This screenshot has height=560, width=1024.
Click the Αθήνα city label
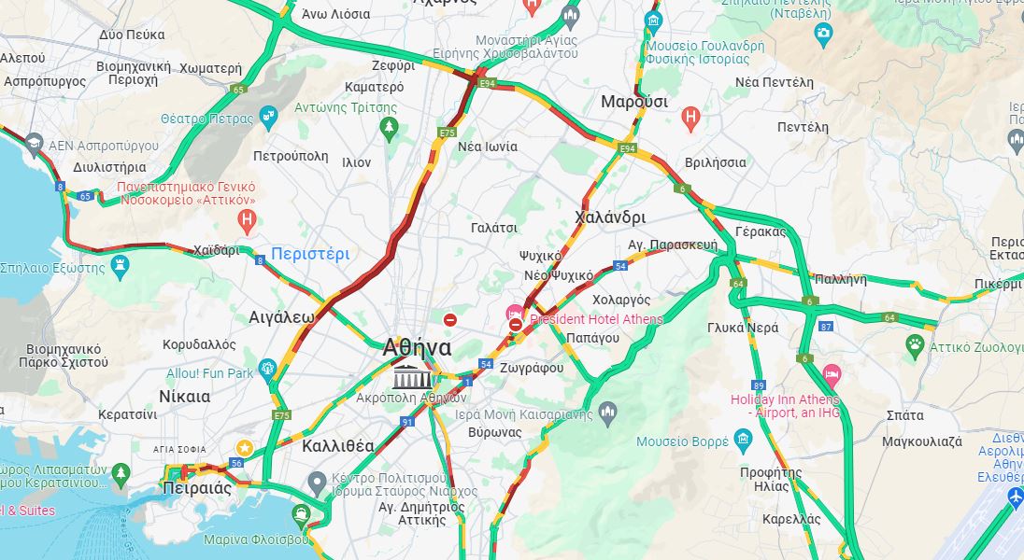[417, 348]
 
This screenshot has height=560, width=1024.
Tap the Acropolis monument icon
[412, 377]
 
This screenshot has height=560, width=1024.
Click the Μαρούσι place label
[634, 102]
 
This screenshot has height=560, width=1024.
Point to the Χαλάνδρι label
[610, 217]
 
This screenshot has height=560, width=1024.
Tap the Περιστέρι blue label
[310, 254]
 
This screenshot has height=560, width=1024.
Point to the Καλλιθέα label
[338, 446]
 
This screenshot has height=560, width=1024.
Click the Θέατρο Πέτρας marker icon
[269, 118]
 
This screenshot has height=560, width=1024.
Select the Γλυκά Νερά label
[743, 329]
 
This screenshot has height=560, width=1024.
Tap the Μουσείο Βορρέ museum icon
[743, 440]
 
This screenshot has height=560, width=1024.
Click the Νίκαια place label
[185, 397]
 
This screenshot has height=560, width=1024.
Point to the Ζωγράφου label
[531, 368]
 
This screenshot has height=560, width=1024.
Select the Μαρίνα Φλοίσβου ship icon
[300, 513]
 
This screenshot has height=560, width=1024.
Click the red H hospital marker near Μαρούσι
[690, 119]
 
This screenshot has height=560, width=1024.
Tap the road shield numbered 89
[759, 385]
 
